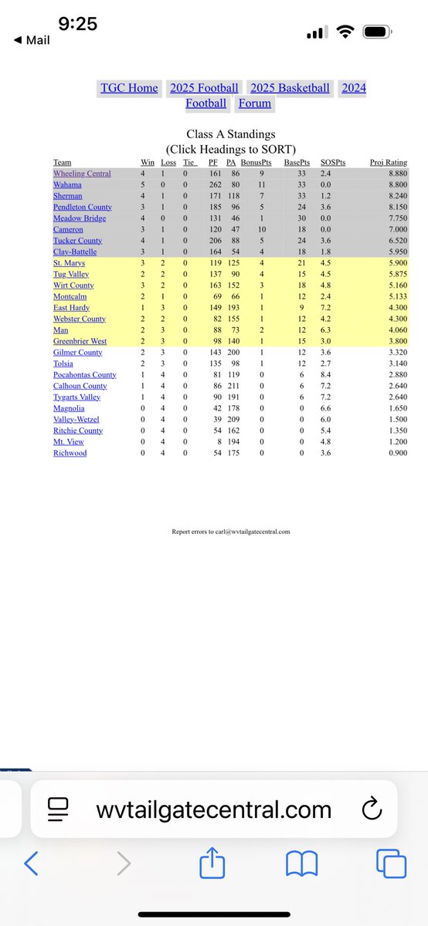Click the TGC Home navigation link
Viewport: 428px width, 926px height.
pos(129,88)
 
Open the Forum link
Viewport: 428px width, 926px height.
pos(254,103)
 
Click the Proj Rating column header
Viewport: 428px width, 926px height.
pos(388,163)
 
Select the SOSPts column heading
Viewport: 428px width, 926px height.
pos(334,163)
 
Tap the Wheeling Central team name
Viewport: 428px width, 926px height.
pos(82,174)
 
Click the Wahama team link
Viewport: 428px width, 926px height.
pos(68,185)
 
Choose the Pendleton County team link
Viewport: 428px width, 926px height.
pos(82,208)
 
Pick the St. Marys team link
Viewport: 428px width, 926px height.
pos(70,263)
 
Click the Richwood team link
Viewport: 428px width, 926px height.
pos(70,453)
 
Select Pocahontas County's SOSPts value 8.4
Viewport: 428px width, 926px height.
pos(326,375)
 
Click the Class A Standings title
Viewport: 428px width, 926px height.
pos(230,134)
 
